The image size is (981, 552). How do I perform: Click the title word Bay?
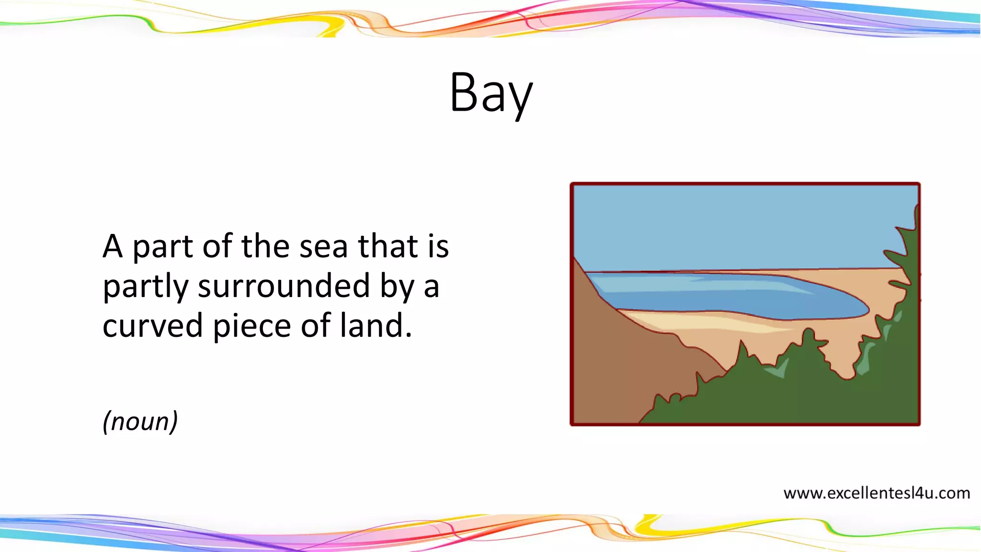point(491,93)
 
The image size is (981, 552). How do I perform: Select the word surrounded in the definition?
point(284,287)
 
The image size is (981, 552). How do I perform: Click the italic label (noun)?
point(140,421)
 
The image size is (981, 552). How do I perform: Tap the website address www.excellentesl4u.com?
point(876,493)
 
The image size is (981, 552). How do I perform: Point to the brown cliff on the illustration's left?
point(608,364)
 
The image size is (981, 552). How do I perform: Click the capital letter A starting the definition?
point(113,247)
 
